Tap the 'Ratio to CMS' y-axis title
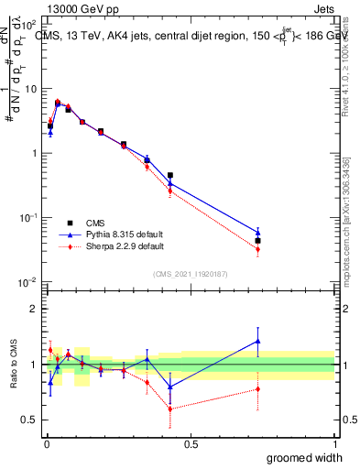pyautogui.click(x=14, y=376)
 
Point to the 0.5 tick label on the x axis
pyautogui.click(x=190, y=444)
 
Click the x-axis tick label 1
pyautogui.click(x=333, y=444)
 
